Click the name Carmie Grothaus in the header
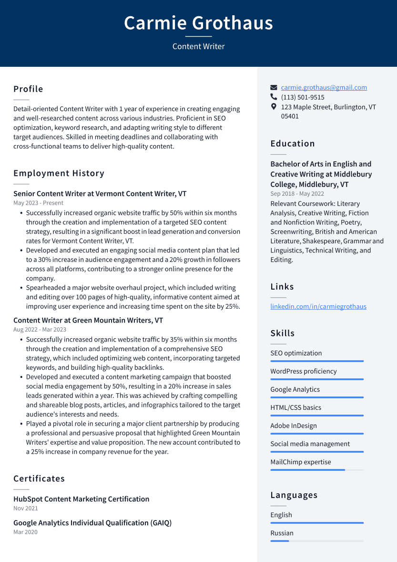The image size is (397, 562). coord(198,23)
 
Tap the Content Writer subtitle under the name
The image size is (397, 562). coord(198,46)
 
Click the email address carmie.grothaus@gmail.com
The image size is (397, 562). coord(324,87)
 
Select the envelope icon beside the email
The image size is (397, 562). coord(274,88)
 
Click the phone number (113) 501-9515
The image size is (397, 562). coord(303,97)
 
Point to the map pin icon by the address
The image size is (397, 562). coord(274,107)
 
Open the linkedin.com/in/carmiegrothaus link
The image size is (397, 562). coord(318,306)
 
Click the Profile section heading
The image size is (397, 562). coord(28,89)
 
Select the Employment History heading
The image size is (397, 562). coord(59,173)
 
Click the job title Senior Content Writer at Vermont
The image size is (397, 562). coord(100,194)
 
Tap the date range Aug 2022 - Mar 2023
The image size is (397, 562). coord(40,330)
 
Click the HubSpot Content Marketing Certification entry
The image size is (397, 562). coord(81,499)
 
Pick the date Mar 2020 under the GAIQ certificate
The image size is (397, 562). coord(25,532)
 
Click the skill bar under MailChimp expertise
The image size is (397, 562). coord(316,470)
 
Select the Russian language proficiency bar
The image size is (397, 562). coord(316,541)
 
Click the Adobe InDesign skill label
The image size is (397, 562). coord(293,426)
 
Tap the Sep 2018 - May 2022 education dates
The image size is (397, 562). coord(297,194)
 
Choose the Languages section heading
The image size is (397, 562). coord(294,495)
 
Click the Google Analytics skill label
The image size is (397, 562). coord(295,389)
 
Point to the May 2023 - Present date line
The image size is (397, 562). coord(38,203)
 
